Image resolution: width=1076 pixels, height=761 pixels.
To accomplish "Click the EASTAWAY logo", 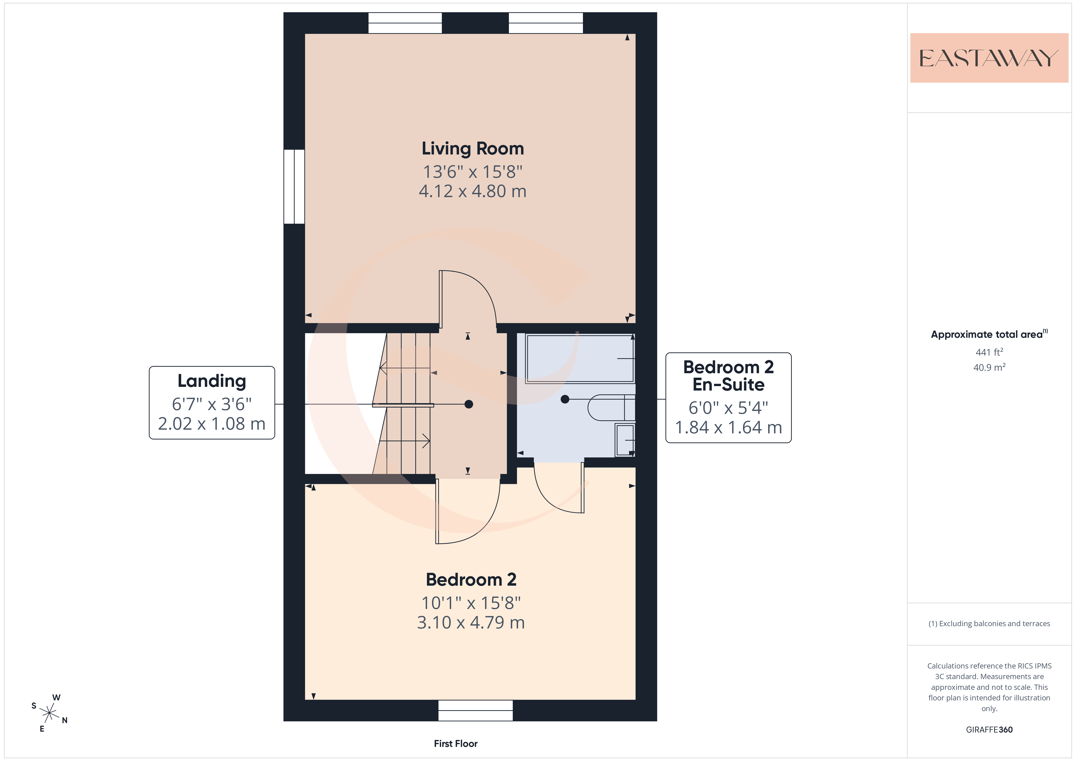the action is click(989, 58).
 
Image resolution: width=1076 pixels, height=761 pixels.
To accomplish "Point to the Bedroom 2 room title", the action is click(471, 580).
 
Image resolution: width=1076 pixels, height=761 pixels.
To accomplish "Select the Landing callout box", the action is click(212, 403).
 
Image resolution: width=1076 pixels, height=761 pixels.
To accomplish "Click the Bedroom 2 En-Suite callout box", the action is click(728, 398).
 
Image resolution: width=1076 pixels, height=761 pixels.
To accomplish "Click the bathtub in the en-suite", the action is click(580, 359).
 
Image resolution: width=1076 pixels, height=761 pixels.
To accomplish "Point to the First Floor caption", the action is click(455, 744).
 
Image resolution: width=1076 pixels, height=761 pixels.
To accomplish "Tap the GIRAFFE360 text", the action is click(989, 730).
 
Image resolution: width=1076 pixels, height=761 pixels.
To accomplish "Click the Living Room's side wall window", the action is click(294, 187).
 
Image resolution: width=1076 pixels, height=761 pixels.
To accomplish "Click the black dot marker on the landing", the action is click(469, 404).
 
